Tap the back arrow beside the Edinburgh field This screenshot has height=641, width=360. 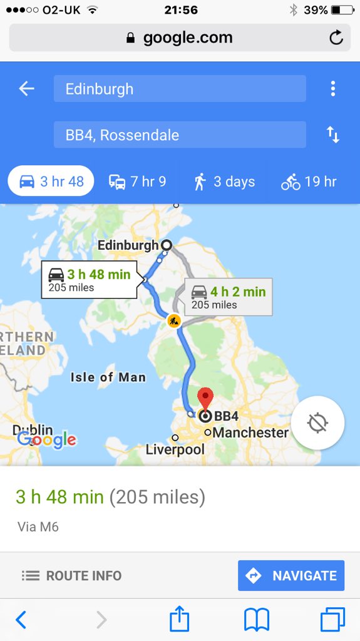(26, 89)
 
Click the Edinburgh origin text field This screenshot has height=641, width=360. (180, 89)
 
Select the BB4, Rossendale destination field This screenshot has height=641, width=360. (180, 135)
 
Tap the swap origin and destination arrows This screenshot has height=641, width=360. (333, 135)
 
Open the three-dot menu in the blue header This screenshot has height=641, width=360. (333, 89)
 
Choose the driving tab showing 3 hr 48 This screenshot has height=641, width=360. (51, 182)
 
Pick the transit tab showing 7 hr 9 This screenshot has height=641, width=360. (137, 182)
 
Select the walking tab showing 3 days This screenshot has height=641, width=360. (224, 182)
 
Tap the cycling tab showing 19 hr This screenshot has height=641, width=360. (309, 182)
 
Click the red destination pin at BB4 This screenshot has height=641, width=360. (205, 398)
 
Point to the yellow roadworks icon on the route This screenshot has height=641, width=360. (174, 321)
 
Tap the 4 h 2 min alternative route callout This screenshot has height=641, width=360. (228, 297)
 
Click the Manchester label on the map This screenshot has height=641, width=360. (250, 433)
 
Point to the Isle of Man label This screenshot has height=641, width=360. (108, 377)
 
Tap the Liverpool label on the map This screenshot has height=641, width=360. (175, 449)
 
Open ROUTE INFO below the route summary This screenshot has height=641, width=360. (71, 575)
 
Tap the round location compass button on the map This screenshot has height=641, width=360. (317, 423)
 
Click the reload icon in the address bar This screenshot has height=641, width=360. (336, 38)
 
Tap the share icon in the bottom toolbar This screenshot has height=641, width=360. (180, 620)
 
